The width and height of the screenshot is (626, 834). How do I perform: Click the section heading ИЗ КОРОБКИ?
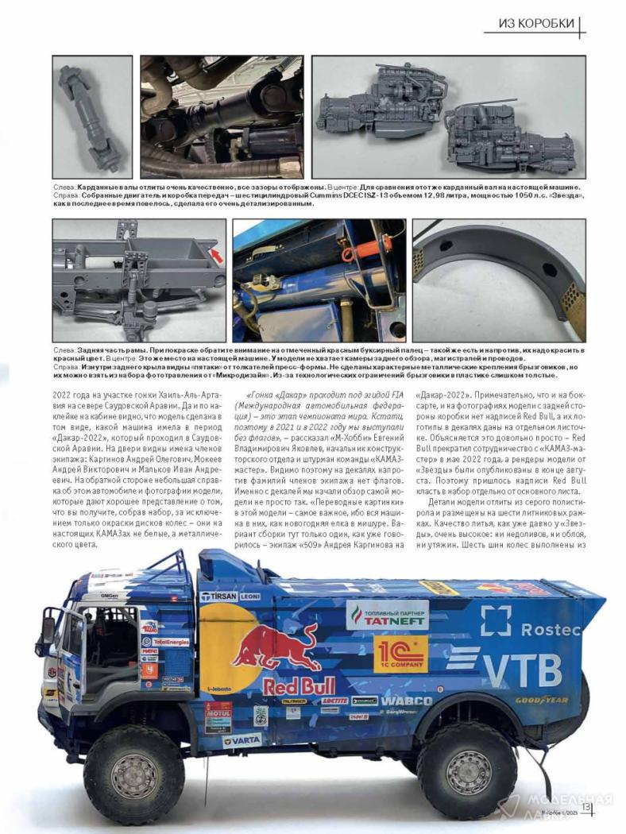point(536,24)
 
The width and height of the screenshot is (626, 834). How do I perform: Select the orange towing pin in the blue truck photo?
point(346,254)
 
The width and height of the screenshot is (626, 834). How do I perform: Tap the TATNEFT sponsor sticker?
point(387,616)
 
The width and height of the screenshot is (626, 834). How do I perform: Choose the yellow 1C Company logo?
point(400,654)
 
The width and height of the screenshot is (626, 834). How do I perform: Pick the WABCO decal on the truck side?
point(406,701)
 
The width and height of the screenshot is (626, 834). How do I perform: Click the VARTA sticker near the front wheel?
point(242,739)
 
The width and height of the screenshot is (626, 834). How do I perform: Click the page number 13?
point(586,807)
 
